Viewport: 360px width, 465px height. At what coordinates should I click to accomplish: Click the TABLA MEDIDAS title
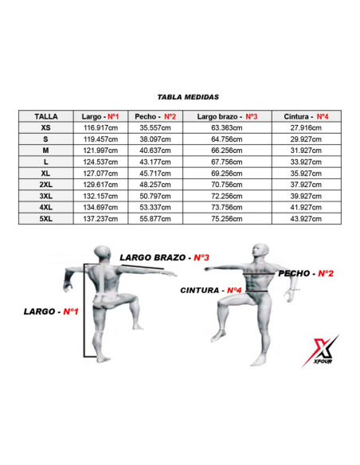pos(188,97)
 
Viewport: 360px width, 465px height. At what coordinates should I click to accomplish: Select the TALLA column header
pos(46,116)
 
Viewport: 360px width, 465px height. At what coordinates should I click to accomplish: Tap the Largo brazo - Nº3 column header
pos(227,116)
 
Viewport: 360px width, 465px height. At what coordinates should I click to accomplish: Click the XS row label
pos(46,128)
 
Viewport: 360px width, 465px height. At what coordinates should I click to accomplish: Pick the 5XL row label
pos(46,219)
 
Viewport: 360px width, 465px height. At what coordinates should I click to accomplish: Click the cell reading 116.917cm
pos(100,128)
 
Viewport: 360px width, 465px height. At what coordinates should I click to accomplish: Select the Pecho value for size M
pos(155,150)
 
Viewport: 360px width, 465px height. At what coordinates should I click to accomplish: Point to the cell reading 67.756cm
pos(227,162)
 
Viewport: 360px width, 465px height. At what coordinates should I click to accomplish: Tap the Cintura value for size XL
pos(306,174)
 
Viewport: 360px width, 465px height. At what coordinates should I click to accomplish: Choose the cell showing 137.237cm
pos(100,219)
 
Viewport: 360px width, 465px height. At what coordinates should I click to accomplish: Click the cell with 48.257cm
pos(155,185)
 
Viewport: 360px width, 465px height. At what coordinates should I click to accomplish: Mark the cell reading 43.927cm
pos(306,219)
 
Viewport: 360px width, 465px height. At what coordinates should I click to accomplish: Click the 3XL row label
pos(46,196)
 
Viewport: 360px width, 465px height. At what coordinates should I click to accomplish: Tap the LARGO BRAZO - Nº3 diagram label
pos(165,257)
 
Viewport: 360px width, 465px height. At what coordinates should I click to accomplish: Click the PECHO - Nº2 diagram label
pos(306,273)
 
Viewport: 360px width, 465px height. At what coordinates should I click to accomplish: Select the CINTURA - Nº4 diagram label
pos(211,290)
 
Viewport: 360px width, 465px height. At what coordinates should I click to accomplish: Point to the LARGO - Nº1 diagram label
pos(51,311)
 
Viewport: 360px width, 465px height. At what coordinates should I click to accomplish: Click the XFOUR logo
pos(321,351)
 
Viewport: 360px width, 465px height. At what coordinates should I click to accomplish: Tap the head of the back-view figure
pos(103,254)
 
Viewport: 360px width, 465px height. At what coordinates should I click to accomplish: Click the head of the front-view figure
pos(260,252)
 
